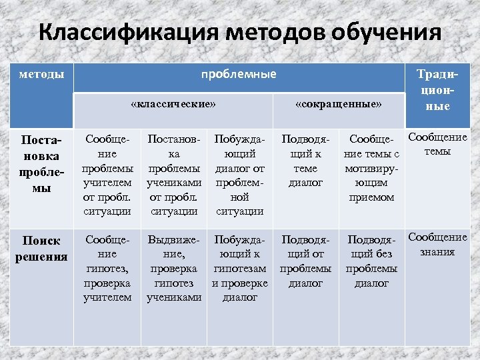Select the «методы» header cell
(x=42, y=74)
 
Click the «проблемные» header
(x=239, y=74)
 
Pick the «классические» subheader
(x=173, y=105)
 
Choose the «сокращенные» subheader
(x=339, y=105)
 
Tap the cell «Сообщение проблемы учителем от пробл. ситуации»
(x=107, y=175)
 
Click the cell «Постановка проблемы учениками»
(x=174, y=175)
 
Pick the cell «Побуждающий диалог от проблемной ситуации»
(x=240, y=175)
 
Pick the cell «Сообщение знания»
(x=437, y=245)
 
